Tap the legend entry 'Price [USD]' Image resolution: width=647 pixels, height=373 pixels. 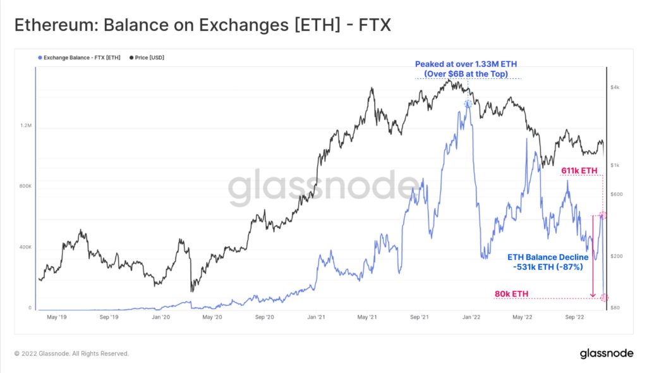149,58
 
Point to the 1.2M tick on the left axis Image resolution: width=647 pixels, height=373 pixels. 26,126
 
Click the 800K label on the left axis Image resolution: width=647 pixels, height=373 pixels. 25,186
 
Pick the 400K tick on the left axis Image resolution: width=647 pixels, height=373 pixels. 25,247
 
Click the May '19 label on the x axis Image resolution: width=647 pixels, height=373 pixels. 57,317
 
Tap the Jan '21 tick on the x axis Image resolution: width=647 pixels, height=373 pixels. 316,317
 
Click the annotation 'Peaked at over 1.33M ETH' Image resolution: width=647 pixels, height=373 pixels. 467,64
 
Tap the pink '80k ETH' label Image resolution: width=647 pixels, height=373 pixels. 512,293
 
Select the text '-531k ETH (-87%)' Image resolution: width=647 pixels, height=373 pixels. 547,267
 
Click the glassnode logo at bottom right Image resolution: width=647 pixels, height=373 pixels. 607,353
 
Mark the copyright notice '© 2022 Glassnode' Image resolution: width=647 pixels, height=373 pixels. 71,353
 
